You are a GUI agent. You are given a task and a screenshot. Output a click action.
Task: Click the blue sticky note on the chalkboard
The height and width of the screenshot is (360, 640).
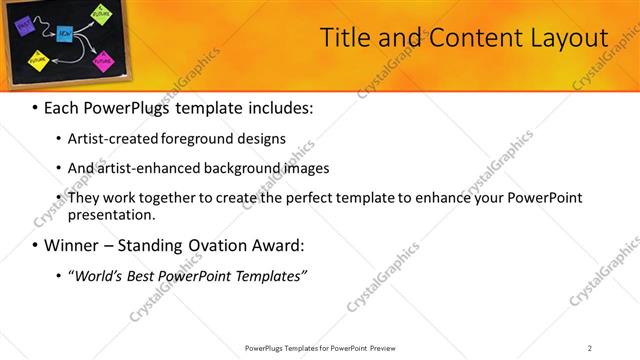pyautogui.click(x=64, y=34)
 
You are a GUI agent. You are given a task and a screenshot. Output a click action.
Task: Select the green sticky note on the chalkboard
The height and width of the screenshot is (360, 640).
pyautogui.click(x=101, y=14)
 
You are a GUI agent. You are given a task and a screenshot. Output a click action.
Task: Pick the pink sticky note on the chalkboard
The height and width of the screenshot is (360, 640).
pyautogui.click(x=103, y=60)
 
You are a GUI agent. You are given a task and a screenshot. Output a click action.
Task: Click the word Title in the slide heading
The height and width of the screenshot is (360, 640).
pyautogui.click(x=343, y=38)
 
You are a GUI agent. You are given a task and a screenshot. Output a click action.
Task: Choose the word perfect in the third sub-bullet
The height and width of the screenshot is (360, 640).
pyautogui.click(x=327, y=198)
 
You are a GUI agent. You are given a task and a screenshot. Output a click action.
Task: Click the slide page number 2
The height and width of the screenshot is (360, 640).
pyautogui.click(x=590, y=348)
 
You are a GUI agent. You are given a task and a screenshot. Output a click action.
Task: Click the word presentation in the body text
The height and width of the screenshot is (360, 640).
pyautogui.click(x=112, y=214)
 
